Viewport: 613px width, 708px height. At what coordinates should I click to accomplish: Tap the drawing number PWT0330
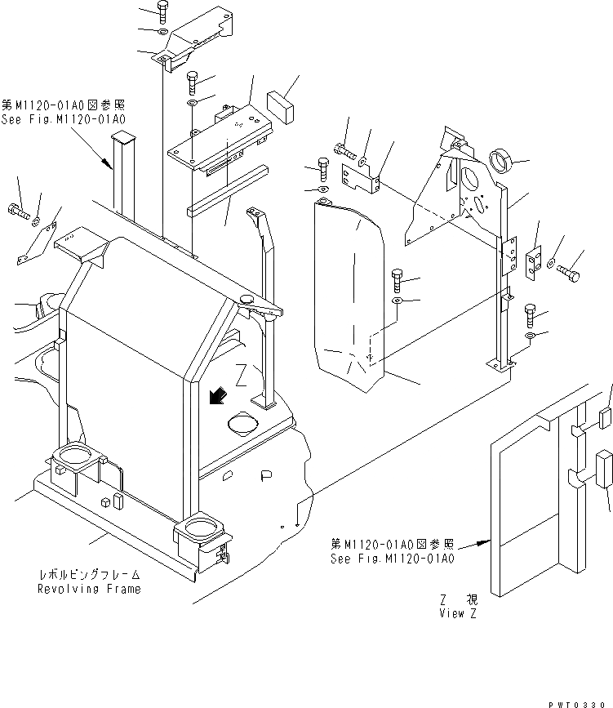[x=580, y=701]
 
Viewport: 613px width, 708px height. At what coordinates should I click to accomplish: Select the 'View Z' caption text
[x=456, y=613]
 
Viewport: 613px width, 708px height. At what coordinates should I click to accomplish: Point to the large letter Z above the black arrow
[x=241, y=375]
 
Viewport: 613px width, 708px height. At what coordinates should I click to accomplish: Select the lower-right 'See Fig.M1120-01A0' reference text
[x=393, y=559]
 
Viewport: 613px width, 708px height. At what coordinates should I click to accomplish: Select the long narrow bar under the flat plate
[x=227, y=190]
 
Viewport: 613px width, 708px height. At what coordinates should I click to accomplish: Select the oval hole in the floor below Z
[x=243, y=422]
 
